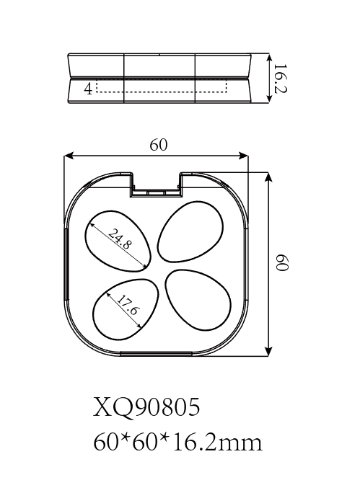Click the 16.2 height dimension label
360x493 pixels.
point(279,79)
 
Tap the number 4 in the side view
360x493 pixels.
point(89,89)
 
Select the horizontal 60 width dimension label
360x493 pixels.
point(159,145)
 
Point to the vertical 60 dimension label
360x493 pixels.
point(282,262)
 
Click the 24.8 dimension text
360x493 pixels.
point(118,239)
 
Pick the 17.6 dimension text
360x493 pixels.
point(128,306)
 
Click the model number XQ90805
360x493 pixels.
point(146,407)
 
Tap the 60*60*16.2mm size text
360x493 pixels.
point(177,443)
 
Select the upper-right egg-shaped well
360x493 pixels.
point(190,231)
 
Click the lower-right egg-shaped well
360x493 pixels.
point(198,300)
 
